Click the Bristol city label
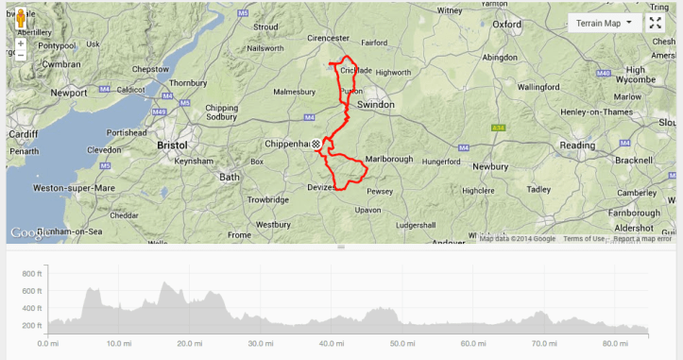[x=175, y=146]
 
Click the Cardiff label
[x=24, y=134]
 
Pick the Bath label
[x=230, y=177]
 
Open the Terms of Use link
[x=584, y=238]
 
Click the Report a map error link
[x=642, y=238]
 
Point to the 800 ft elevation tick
[x=32, y=274]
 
